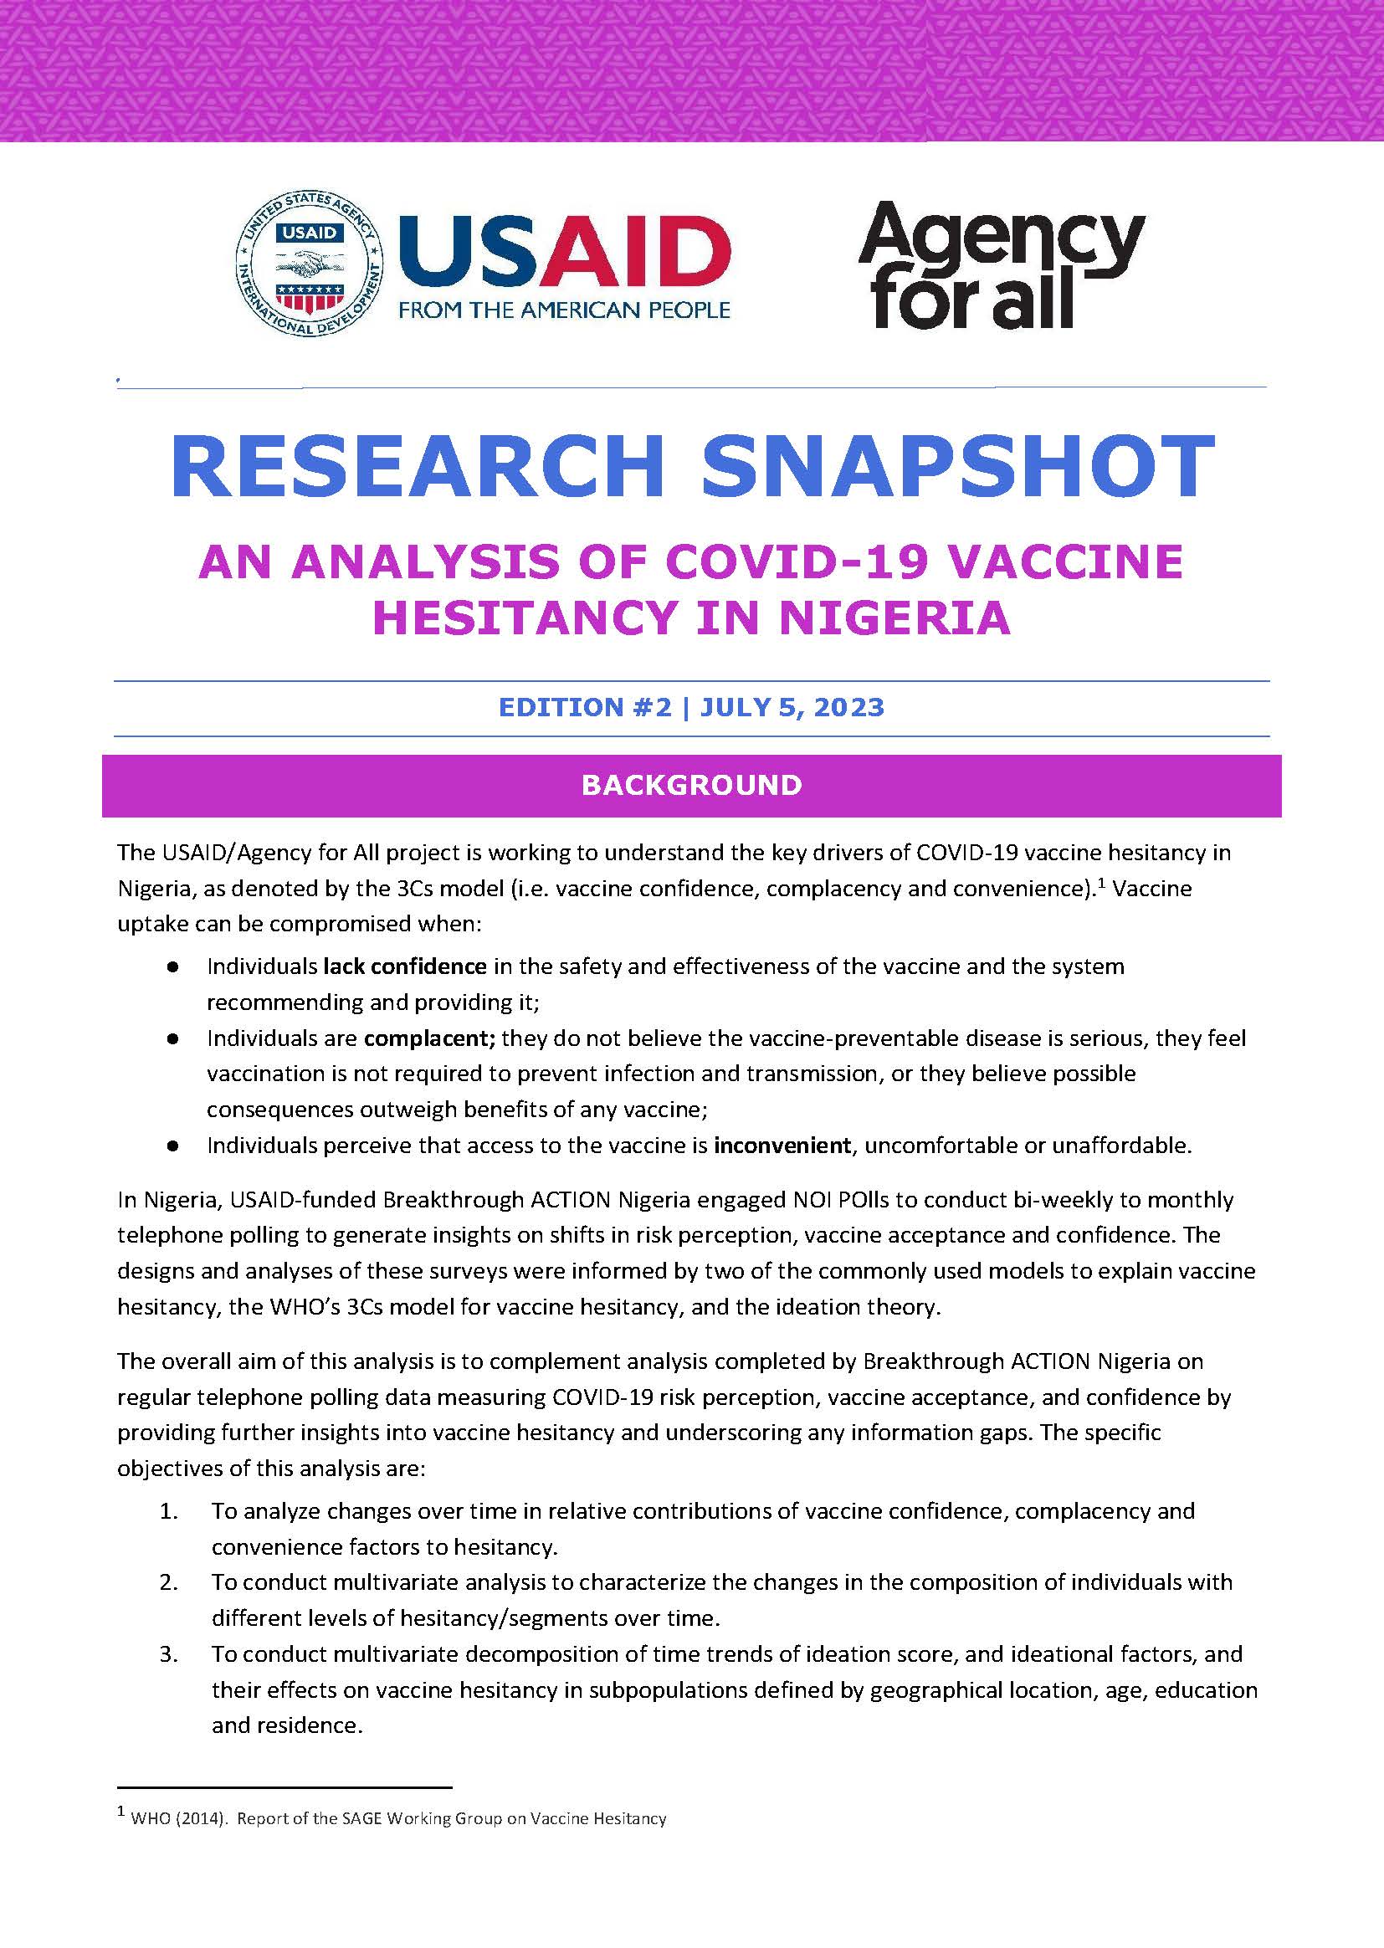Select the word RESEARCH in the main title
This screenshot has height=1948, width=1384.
coord(417,467)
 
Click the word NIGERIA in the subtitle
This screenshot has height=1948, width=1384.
coord(894,618)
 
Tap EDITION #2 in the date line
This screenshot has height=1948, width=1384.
coord(585,707)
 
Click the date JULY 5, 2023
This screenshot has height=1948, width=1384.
coord(792,707)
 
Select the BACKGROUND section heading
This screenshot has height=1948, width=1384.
coord(691,785)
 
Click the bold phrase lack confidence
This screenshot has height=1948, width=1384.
coord(405,966)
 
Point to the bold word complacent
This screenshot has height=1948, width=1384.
coord(429,1038)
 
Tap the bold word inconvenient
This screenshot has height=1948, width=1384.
coord(782,1146)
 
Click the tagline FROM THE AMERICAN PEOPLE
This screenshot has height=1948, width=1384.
coord(564,310)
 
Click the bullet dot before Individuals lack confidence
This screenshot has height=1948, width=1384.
coord(173,967)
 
